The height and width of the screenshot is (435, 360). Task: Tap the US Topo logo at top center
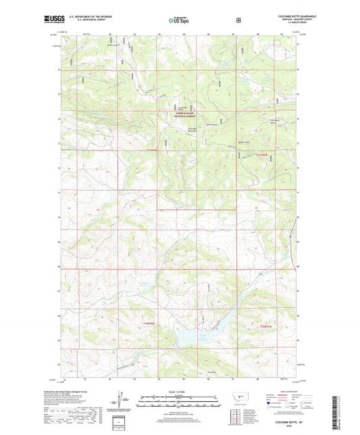click(180, 21)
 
